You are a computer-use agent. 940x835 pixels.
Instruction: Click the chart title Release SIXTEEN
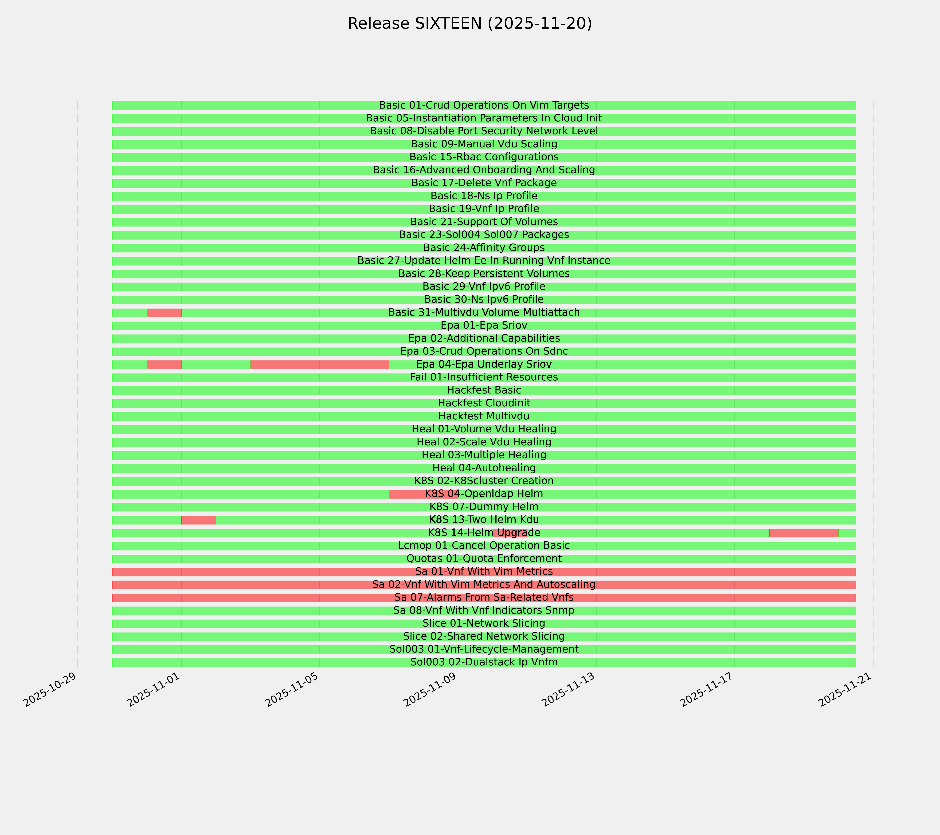[x=469, y=23]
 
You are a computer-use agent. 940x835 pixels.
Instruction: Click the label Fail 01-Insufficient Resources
[x=484, y=377]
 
